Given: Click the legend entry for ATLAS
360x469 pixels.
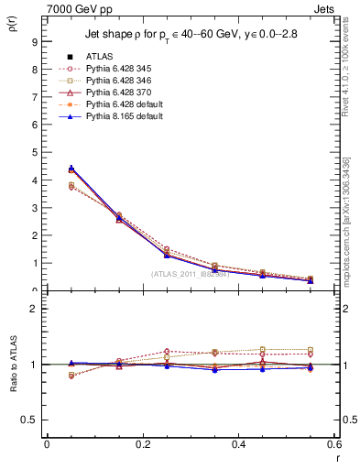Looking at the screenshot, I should tap(100, 57).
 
